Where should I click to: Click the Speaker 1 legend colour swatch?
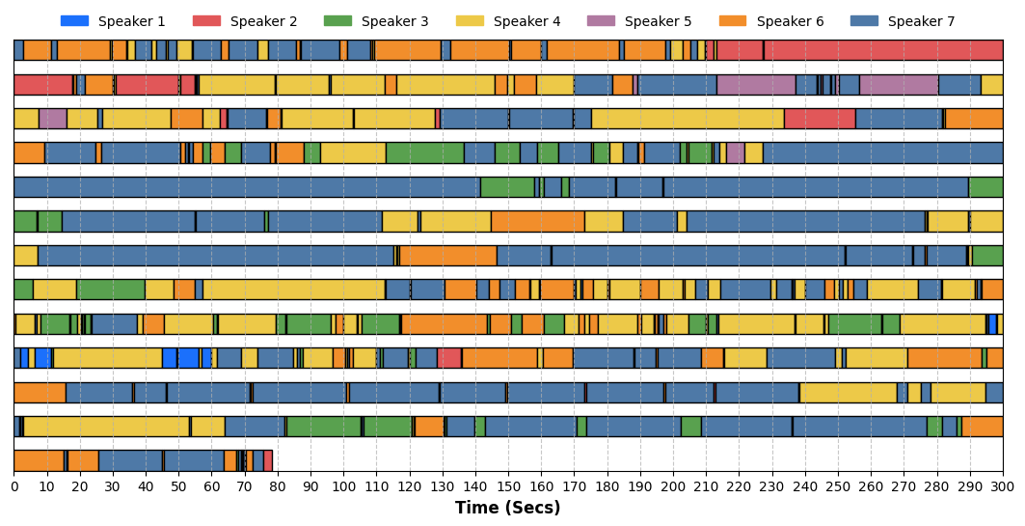(74, 21)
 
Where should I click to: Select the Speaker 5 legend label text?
(658, 21)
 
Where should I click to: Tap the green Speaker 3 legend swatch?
(337, 21)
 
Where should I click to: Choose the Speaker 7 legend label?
(921, 21)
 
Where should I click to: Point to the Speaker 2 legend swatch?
(206, 21)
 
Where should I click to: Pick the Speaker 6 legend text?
(790, 21)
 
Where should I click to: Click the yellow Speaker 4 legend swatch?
(470, 21)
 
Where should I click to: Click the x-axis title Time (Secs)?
(508, 508)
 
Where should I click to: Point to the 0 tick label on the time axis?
(14, 487)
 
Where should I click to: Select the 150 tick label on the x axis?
(508, 487)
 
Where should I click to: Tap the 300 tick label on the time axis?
(1003, 487)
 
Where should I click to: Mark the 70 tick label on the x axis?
(245, 487)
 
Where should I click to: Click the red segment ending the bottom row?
(268, 461)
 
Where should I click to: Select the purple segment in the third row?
(53, 119)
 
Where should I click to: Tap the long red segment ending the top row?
(883, 50)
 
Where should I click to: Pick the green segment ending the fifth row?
(985, 187)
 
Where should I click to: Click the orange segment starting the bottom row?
(40, 461)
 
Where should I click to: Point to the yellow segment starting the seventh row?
(26, 255)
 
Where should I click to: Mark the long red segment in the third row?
(820, 119)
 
